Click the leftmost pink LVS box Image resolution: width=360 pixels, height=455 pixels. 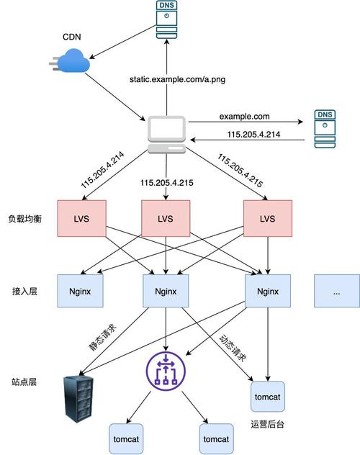[x=82, y=218]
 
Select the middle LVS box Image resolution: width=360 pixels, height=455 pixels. [x=166, y=218]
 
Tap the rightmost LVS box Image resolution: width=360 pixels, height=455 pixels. [x=268, y=218]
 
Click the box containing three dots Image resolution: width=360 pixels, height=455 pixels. [x=336, y=292]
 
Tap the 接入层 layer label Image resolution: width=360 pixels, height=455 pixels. [x=27, y=292]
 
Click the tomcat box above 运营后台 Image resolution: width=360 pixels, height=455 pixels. [x=269, y=397]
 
